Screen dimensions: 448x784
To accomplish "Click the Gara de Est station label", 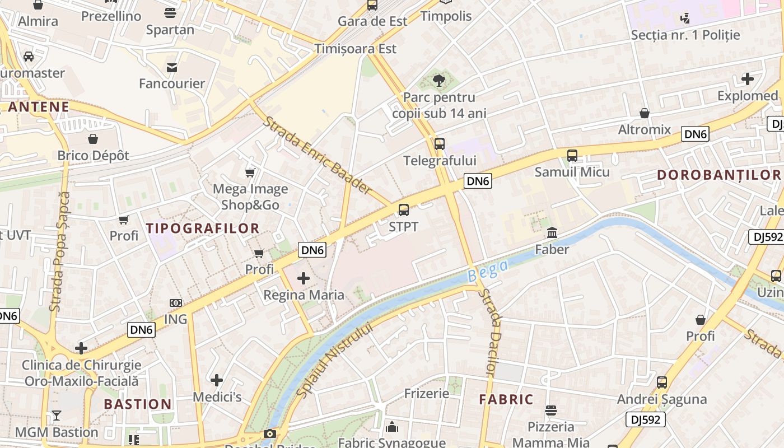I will (372, 21).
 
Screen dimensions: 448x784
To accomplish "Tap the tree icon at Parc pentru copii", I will (439, 81).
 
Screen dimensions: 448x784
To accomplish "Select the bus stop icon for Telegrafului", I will (440, 144).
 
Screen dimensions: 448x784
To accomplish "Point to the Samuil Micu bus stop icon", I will (572, 155).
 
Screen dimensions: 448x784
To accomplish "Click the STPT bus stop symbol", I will (403, 210).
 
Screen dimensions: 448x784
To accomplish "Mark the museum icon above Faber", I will (552, 232).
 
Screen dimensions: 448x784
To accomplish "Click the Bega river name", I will (487, 270).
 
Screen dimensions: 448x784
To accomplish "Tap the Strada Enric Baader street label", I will (317, 155).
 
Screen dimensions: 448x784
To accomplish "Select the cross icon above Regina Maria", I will (304, 278).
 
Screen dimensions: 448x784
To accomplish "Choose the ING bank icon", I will (176, 303).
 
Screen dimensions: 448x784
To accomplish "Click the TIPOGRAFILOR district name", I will (203, 228).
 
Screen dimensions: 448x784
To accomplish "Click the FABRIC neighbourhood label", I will (506, 399).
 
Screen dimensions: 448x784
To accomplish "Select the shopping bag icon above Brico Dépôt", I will (93, 138).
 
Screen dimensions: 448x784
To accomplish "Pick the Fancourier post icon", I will (172, 67).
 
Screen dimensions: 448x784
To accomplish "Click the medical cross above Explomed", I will (747, 79).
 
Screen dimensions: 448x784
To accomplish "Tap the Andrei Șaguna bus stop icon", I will (661, 382).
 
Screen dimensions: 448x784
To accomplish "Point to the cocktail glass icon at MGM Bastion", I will (56, 416).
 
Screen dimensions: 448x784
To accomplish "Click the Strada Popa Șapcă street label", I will (59, 252).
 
